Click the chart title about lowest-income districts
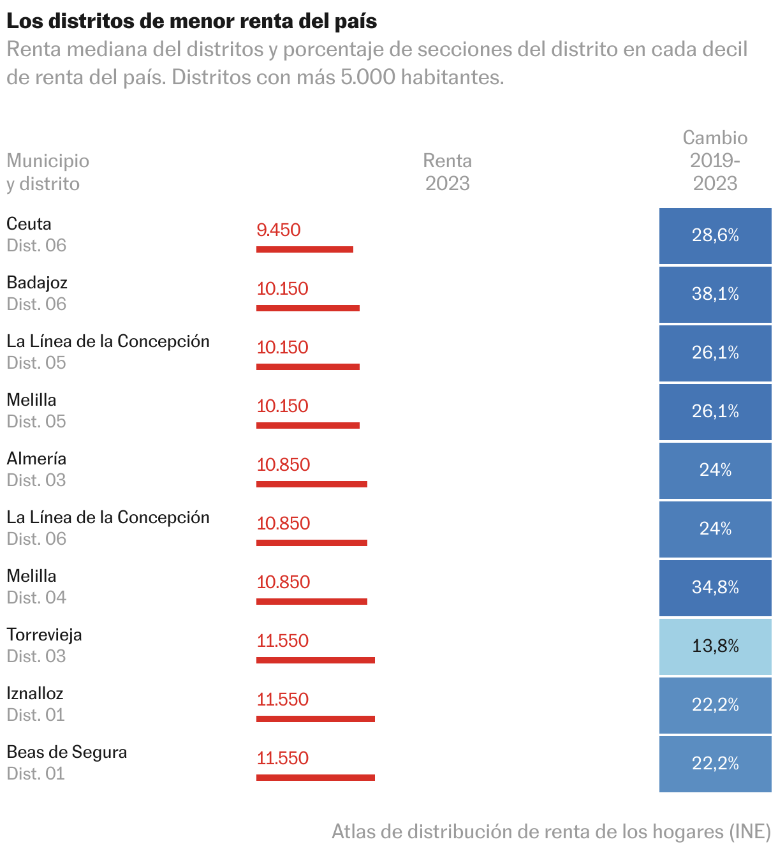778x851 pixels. (191, 21)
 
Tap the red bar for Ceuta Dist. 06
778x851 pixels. (304, 249)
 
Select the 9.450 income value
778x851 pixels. (279, 230)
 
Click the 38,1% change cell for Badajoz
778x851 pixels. (715, 294)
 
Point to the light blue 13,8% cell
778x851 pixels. (715, 646)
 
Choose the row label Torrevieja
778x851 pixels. (44, 635)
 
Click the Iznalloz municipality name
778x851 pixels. (35, 693)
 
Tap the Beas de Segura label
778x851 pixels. (66, 752)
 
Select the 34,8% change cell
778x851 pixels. (715, 588)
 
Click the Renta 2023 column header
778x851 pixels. (447, 172)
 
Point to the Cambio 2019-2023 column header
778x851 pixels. (715, 161)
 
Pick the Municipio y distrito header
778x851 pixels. (48, 172)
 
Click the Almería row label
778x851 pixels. (36, 459)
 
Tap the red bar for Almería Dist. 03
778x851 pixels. (311, 484)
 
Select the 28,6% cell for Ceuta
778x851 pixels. (715, 235)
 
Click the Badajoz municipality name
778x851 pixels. (37, 283)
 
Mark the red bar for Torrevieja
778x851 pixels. (315, 660)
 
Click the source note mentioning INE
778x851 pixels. (551, 832)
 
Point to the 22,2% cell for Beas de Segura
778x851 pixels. (715, 764)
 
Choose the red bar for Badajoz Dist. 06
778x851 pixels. (307, 308)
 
